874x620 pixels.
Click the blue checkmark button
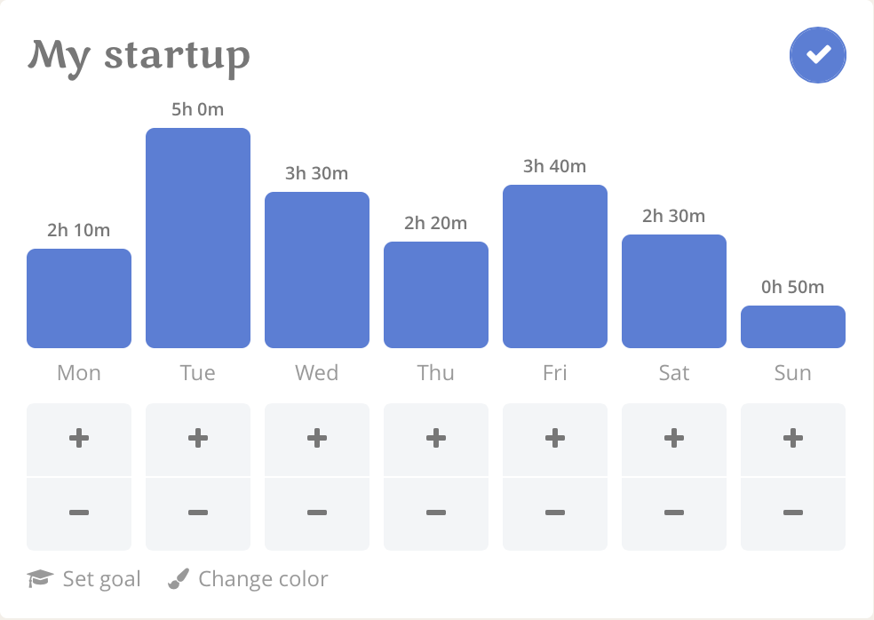[x=818, y=55]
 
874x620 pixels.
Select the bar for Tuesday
[x=198, y=238]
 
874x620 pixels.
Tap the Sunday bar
[x=792, y=327]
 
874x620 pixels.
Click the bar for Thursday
[x=436, y=295]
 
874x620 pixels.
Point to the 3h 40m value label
[x=554, y=166]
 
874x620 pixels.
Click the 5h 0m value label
[x=198, y=109]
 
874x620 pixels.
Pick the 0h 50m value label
[x=792, y=287]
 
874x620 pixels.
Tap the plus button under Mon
[x=79, y=440]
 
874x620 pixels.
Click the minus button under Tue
[x=198, y=513]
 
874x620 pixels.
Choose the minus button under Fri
[x=554, y=513]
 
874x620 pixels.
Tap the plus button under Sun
[x=792, y=440]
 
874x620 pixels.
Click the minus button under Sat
[x=674, y=513]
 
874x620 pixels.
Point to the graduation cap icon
[x=40, y=579]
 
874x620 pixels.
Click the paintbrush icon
[x=179, y=579]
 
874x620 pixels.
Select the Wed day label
[x=316, y=373]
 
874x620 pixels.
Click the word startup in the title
[x=178, y=57]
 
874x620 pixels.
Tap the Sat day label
[x=674, y=373]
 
